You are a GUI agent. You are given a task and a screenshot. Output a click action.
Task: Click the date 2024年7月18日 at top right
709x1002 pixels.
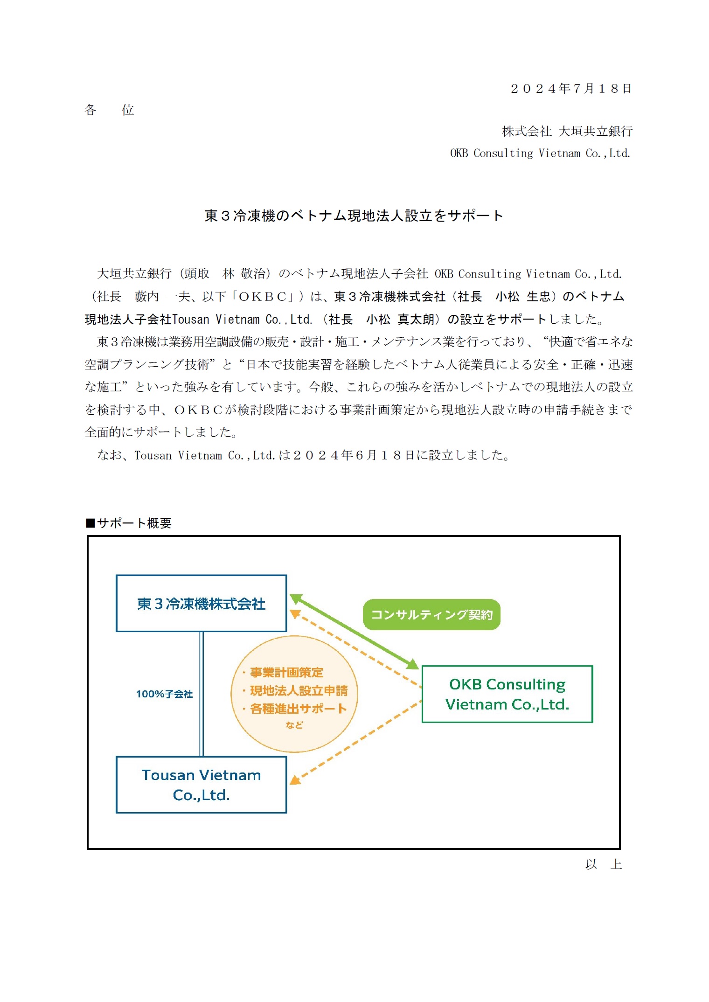(x=570, y=89)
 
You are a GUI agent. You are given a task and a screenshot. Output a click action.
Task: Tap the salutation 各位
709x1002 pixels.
(x=109, y=110)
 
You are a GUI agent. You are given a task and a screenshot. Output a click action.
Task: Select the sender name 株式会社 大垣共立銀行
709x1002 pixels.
(x=567, y=132)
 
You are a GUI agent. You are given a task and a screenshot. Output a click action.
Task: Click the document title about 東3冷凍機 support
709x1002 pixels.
(x=354, y=216)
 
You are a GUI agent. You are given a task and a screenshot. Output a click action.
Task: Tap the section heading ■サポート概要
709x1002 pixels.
(x=129, y=523)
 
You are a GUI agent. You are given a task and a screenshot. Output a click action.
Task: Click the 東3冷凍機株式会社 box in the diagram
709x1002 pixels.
(x=201, y=604)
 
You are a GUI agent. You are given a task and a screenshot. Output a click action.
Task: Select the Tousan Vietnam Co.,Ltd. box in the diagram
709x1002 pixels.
(x=201, y=785)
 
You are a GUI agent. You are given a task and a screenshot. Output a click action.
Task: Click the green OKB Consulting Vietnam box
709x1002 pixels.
(x=507, y=694)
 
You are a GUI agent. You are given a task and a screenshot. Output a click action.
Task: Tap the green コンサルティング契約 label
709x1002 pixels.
(x=431, y=615)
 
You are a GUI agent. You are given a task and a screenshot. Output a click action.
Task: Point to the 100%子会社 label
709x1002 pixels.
(x=164, y=694)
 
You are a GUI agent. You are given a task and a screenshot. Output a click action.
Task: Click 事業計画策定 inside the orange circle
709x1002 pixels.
(x=286, y=672)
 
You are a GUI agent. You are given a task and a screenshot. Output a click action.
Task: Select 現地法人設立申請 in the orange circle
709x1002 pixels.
(x=299, y=691)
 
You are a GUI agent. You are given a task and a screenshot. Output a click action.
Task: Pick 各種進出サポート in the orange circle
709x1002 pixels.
(x=299, y=709)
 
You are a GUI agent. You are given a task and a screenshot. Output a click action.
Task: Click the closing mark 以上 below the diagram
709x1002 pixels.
(x=603, y=864)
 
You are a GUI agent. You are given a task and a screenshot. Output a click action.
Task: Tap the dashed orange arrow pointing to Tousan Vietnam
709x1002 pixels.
(x=354, y=742)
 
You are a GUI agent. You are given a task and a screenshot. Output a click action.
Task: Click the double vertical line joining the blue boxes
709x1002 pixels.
(x=202, y=694)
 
